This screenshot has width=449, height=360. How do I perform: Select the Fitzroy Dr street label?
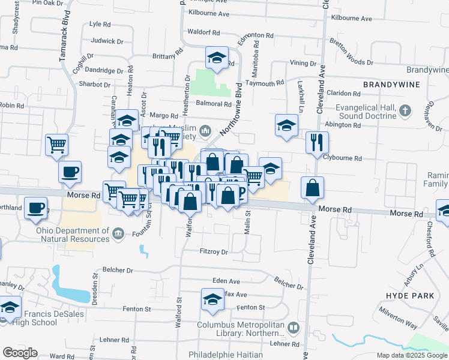[x=214, y=252]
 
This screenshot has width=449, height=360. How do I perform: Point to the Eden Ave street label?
[x=226, y=281]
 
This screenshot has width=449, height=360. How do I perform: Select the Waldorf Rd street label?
[x=203, y=32]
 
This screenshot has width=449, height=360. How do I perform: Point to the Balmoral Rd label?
[x=215, y=104]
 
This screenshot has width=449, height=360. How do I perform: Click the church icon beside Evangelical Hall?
[x=405, y=110]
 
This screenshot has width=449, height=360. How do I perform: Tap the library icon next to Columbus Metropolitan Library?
[x=293, y=328]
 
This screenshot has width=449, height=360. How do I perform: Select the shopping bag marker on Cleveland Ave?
[x=313, y=188]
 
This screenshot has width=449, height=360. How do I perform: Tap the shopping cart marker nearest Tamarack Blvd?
[x=57, y=144]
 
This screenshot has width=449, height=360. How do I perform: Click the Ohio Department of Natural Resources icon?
[x=118, y=232]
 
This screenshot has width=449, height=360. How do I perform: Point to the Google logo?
[x=20, y=353]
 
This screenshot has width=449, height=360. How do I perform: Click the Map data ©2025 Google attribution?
[x=412, y=355]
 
